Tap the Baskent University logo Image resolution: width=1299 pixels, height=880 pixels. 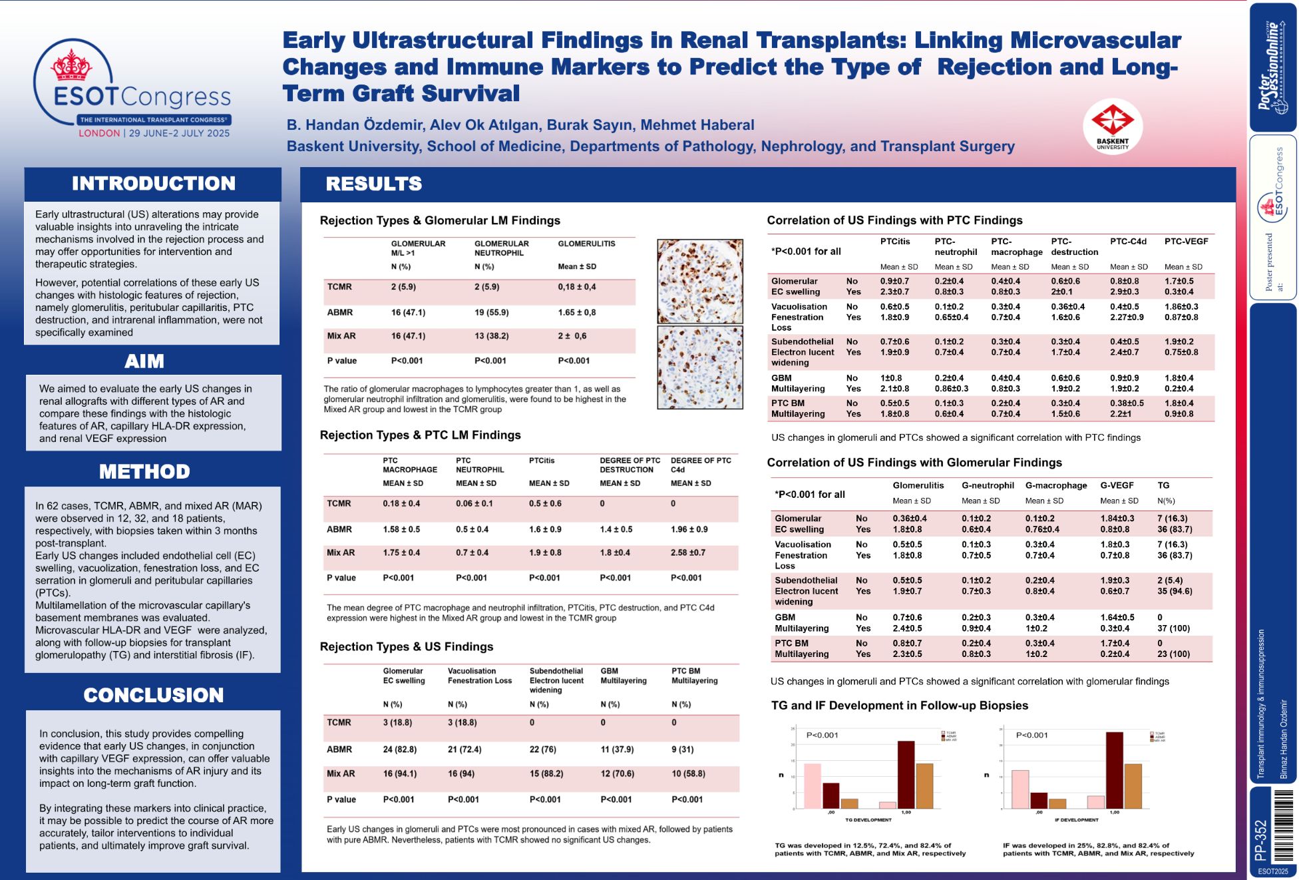[1112, 124]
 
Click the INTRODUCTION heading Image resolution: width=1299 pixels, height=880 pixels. [153, 184]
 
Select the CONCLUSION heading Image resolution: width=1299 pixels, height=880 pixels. [153, 695]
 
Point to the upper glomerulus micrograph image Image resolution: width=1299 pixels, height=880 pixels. [699, 281]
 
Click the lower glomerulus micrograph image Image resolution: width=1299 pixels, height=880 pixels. [699, 367]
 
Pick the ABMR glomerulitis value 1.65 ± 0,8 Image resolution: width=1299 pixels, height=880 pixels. [576, 312]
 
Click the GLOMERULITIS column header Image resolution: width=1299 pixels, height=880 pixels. [586, 244]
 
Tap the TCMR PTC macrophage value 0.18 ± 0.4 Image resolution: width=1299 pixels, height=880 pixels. [401, 504]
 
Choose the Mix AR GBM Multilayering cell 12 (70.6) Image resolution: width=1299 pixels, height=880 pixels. [617, 774]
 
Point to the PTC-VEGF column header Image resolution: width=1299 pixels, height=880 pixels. [1186, 242]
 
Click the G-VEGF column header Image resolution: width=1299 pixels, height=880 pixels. [1117, 485]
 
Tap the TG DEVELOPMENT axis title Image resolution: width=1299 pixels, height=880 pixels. [868, 820]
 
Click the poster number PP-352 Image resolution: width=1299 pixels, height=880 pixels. [1260, 840]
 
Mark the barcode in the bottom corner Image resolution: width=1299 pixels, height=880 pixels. [1282, 825]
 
